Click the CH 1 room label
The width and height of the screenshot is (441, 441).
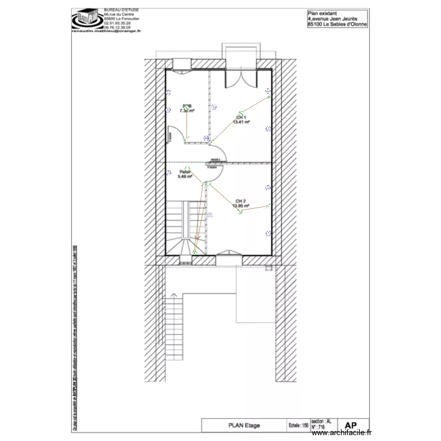point(240,117)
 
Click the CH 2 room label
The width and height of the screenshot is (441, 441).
point(240,201)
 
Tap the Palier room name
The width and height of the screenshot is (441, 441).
point(185,172)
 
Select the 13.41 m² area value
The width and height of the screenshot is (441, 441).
point(241,122)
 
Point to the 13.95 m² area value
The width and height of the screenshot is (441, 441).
point(240,206)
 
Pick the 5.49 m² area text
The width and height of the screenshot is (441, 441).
point(185,176)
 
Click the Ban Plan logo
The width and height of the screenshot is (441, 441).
point(86,19)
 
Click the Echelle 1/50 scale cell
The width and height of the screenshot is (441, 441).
point(299,425)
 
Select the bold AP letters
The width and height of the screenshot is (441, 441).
point(350,425)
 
